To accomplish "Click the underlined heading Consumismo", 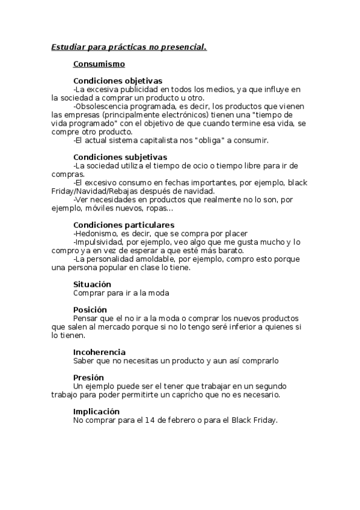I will coord(99,63).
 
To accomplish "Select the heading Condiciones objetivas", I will coord(117,81).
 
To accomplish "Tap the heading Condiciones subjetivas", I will coord(120,157).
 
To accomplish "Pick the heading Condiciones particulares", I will coord(124,225).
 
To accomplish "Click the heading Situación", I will coord(92,284).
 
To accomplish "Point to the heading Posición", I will coord(90,310).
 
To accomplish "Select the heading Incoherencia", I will coord(99,352).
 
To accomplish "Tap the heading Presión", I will coord(88,377).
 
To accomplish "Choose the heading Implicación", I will coord(96,411).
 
